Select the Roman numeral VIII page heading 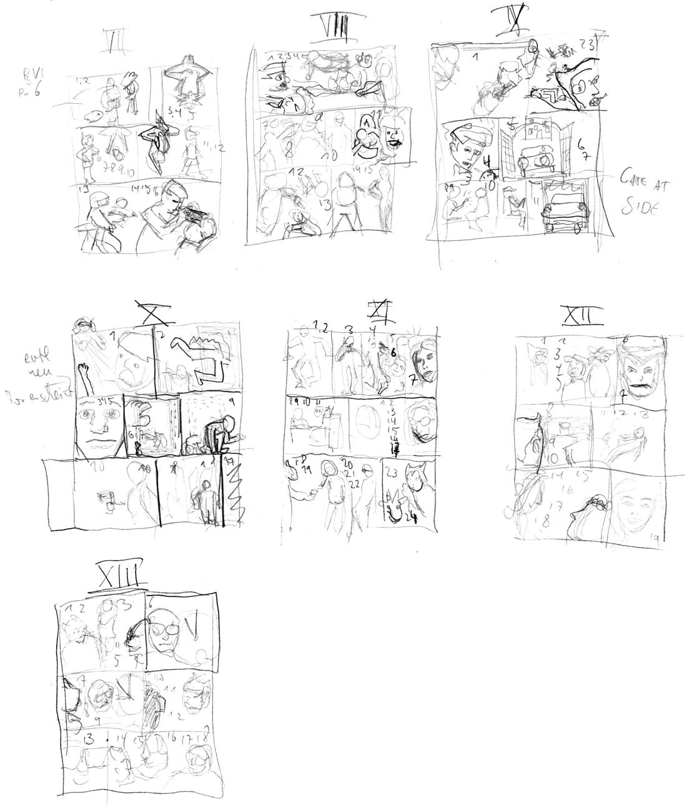tap(329, 27)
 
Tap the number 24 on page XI tap(412, 516)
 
